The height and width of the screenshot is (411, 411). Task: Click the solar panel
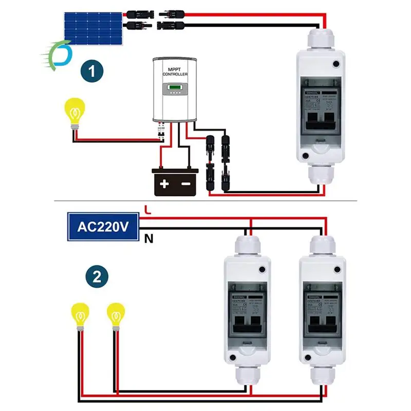pyautogui.click(x=93, y=28)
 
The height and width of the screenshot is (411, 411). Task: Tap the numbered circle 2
pyautogui.click(x=97, y=277)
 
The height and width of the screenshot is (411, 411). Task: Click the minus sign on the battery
pyautogui.click(x=186, y=183)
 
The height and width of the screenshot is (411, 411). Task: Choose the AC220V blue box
pyautogui.click(x=102, y=227)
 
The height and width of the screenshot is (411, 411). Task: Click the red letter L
pyautogui.click(x=148, y=210)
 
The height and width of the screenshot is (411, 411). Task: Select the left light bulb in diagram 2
pyautogui.click(x=80, y=314)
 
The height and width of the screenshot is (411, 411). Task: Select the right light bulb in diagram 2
pyautogui.click(x=116, y=314)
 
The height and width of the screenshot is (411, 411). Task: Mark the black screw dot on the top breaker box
pyautogui.click(x=337, y=64)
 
